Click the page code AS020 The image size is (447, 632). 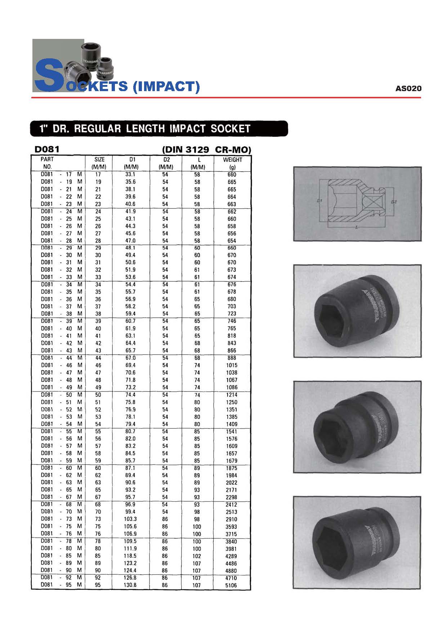point(408,88)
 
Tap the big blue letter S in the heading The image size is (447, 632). point(47,76)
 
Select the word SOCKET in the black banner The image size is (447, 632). point(231,129)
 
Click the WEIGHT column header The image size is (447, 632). point(232,160)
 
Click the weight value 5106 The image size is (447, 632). point(231,585)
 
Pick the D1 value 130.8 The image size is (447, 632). point(130,585)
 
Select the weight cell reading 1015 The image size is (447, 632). point(232,365)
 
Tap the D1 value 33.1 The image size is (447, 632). point(130,174)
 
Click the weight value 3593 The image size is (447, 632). point(231,526)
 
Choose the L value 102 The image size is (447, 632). point(197,556)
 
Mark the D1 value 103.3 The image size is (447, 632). point(130,519)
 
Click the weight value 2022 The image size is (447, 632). point(231,483)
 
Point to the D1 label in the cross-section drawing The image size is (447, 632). point(319,201)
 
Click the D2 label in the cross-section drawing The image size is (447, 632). point(394,202)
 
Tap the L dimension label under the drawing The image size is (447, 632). point(356,228)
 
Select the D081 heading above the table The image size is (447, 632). point(47,149)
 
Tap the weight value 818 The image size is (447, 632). point(232,336)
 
